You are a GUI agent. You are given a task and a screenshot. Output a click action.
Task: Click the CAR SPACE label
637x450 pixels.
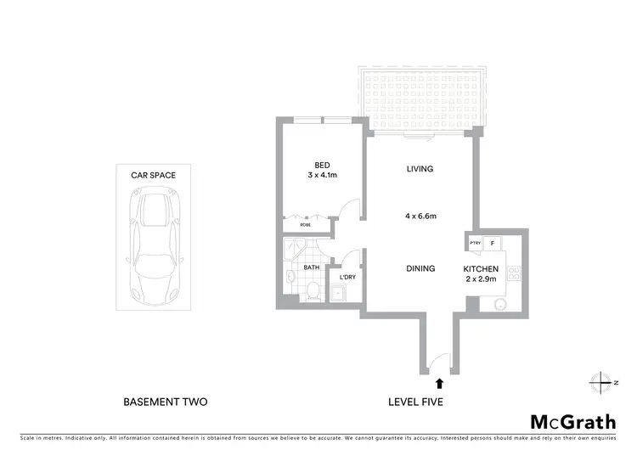tap(153, 175)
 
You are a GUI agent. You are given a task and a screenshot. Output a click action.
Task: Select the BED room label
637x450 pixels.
tap(322, 165)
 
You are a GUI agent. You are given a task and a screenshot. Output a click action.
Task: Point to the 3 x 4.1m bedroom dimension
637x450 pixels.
tap(322, 176)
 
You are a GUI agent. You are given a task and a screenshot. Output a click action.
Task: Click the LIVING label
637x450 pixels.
tap(420, 169)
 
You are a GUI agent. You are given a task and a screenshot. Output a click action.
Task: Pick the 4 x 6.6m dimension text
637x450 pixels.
tap(420, 216)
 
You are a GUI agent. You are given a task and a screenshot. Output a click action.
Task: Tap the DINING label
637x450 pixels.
tap(420, 268)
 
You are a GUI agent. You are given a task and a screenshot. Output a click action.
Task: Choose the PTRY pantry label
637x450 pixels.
tap(475, 244)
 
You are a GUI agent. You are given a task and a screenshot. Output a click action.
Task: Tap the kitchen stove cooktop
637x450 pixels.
tap(513, 273)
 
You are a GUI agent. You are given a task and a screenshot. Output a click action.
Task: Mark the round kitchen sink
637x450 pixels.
tap(499, 304)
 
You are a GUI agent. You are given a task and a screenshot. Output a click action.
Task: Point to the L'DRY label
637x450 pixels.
tap(347, 278)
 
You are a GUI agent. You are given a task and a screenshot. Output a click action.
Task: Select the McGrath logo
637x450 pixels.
tap(573, 421)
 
